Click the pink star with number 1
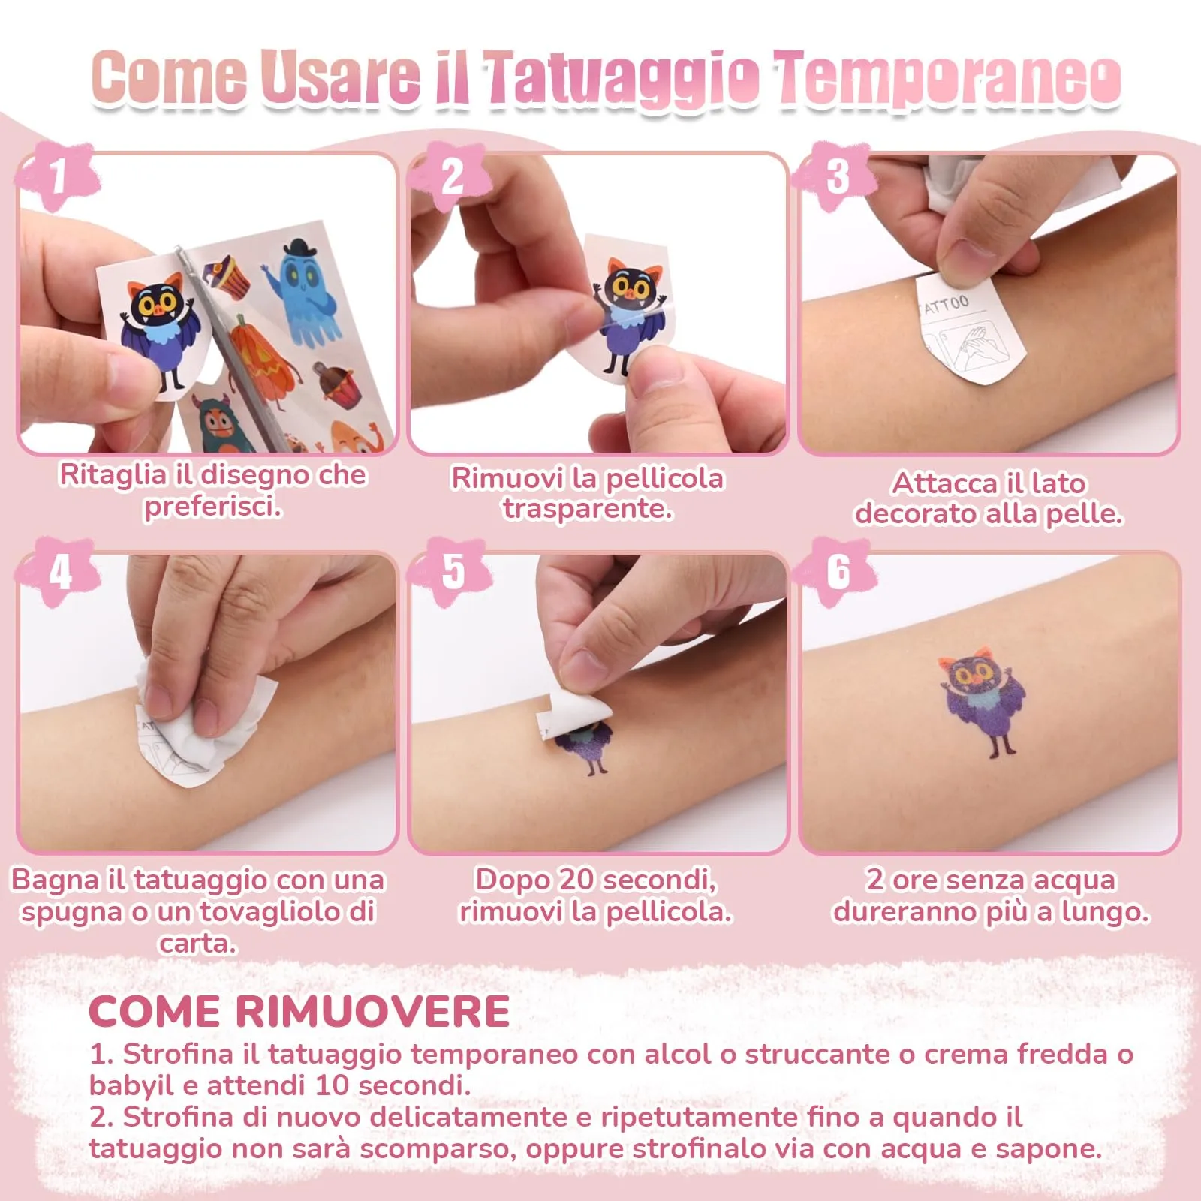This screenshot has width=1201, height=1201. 59,177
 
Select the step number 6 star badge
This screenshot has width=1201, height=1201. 838,572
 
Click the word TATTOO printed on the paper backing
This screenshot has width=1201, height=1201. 944,305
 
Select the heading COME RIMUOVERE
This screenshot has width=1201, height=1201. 299,1011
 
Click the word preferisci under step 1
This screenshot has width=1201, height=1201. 212,507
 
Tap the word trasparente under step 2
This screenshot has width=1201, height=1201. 587,509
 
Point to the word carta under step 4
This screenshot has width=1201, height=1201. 197,943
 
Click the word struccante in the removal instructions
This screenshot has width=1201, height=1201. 818,1054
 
